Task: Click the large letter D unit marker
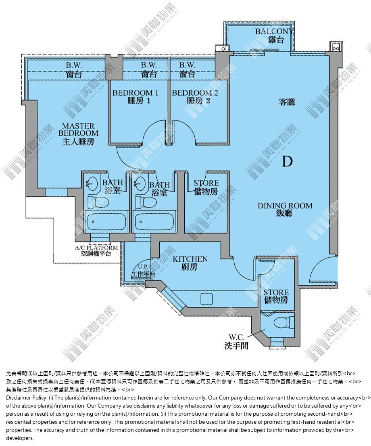[x=287, y=162]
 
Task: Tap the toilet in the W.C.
[x=283, y=323]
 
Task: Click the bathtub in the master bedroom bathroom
[x=106, y=221]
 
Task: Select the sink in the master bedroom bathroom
[x=92, y=183]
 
